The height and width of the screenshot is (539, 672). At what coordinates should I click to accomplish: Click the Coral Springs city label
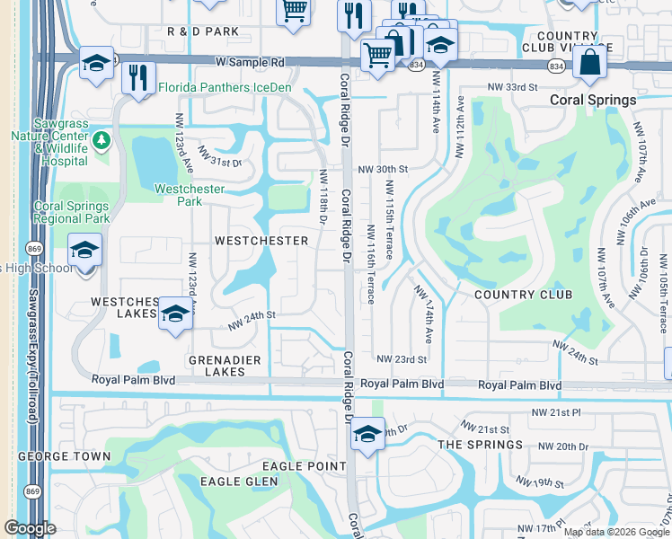click(x=594, y=100)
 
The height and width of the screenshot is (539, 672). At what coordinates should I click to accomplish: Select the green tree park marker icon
click(x=102, y=140)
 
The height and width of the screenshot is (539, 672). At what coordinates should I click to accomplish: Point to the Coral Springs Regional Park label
click(x=71, y=212)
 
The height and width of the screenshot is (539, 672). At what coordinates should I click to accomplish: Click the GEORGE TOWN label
click(x=64, y=456)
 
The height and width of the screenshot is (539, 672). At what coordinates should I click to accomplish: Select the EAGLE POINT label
click(x=304, y=466)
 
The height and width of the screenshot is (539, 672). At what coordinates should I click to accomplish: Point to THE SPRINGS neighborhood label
click(x=480, y=445)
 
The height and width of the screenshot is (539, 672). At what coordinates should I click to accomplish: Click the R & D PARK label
click(x=203, y=31)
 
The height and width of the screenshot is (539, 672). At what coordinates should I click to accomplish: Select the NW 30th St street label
click(x=383, y=169)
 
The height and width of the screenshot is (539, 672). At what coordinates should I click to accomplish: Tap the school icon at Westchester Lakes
click(x=174, y=314)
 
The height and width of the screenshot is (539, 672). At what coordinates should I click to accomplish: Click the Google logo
click(x=30, y=528)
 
